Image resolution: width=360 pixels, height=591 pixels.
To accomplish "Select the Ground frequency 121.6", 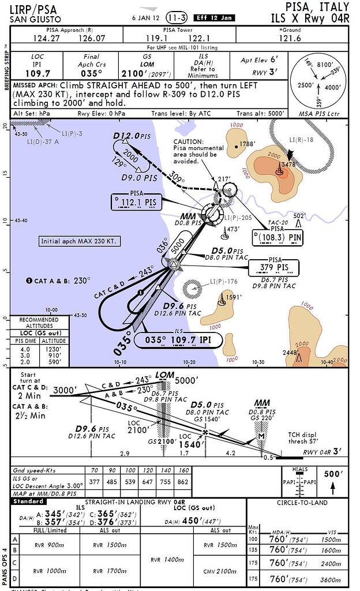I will (290, 39).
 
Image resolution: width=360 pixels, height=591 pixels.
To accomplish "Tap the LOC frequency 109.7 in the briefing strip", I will (37, 74).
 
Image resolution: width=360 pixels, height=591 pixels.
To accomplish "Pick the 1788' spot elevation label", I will (247, 144).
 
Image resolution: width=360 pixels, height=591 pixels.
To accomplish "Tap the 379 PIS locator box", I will (273, 267).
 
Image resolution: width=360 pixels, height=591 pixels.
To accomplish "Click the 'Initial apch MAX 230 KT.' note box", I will (87, 241).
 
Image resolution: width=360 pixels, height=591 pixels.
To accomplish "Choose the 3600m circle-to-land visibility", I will (329, 578).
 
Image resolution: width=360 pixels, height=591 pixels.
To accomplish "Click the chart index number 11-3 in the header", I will (177, 17).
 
